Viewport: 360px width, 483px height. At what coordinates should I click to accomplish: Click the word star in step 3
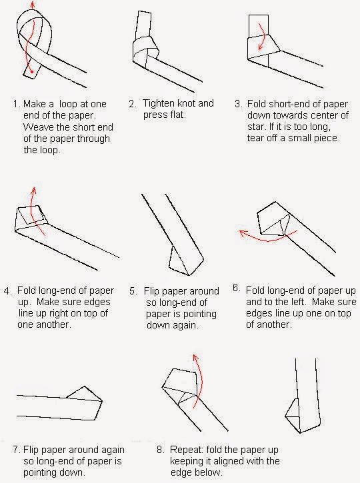tap(255, 127)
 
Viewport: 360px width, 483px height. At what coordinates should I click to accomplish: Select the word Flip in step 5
tap(151, 291)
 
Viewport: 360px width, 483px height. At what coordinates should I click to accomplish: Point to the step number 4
tap(8, 290)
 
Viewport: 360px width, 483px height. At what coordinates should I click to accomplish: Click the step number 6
tap(237, 288)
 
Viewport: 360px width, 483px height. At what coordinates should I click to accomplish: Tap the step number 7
tap(17, 450)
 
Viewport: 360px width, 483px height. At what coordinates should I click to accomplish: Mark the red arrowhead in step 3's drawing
tap(261, 47)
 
